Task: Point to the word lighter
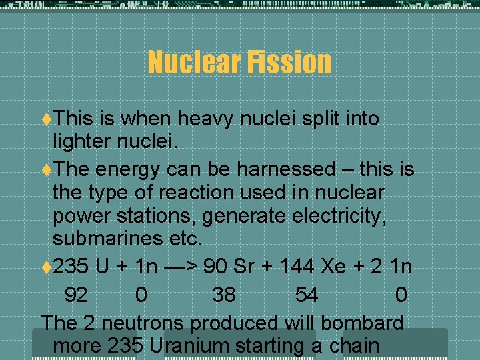(87, 142)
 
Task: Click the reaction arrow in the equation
(178, 267)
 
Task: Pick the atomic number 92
(76, 295)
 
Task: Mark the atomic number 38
(223, 295)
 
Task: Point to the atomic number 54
(306, 295)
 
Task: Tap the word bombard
(362, 323)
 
